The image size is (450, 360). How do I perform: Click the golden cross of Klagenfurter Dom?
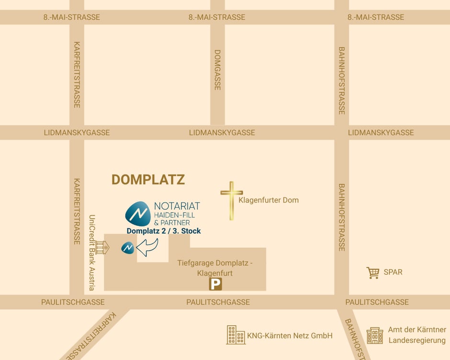[x=231, y=200]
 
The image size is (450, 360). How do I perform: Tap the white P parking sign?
[x=215, y=285]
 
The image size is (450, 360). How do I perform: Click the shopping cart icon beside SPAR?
[x=373, y=272]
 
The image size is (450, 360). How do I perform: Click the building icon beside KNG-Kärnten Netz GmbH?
[x=236, y=335]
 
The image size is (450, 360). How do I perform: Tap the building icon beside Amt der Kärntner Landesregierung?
[x=374, y=335]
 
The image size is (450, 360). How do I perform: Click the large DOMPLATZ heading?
[x=148, y=180]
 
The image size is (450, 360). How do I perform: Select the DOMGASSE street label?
[x=217, y=70]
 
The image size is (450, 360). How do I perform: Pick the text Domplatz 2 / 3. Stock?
[x=164, y=231]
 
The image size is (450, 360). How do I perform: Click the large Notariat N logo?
[x=138, y=214]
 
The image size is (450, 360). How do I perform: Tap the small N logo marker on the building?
[x=128, y=247]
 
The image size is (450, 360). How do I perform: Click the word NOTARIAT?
[x=177, y=206]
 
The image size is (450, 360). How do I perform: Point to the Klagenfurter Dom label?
[x=269, y=200]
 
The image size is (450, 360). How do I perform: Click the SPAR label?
[x=393, y=272]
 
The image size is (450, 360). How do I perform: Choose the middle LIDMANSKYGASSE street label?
[x=222, y=133]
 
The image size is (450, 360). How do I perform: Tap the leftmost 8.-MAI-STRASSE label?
[x=72, y=17]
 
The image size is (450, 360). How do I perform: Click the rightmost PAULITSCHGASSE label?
[x=377, y=302]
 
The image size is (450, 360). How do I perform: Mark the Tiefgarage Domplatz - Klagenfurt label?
[x=215, y=268]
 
